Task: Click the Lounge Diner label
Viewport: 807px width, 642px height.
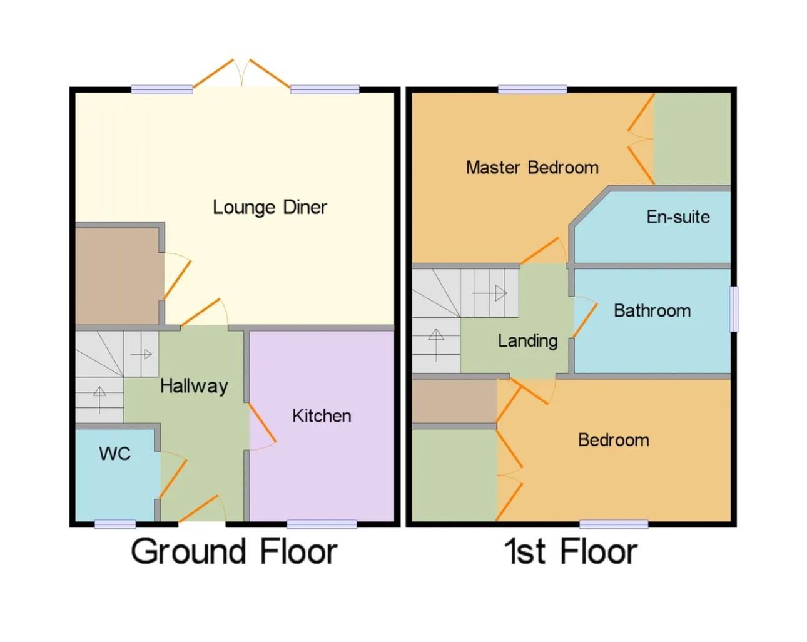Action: pos(270,207)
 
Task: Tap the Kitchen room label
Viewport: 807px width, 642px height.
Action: pos(322,416)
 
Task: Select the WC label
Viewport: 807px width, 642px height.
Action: pos(115,454)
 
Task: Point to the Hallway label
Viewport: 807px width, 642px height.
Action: pos(194,386)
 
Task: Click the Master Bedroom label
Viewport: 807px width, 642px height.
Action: pos(532,168)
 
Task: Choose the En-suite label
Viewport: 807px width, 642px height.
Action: pos(678,217)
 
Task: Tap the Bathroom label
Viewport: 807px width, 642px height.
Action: pos(652,311)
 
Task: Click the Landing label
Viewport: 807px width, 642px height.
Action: pos(527,341)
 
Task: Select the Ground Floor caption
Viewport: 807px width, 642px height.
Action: pos(234,551)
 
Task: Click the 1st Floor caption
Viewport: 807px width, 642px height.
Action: pos(571,551)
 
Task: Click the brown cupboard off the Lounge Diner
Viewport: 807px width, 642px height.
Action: pos(117,275)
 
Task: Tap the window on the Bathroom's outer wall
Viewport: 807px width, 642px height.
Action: pos(734,308)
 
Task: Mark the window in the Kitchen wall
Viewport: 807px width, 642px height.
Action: pos(322,524)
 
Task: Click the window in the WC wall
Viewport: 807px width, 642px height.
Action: pos(115,524)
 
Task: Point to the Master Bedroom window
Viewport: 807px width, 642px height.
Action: pos(532,89)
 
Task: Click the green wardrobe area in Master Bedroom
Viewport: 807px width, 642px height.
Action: pos(692,138)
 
